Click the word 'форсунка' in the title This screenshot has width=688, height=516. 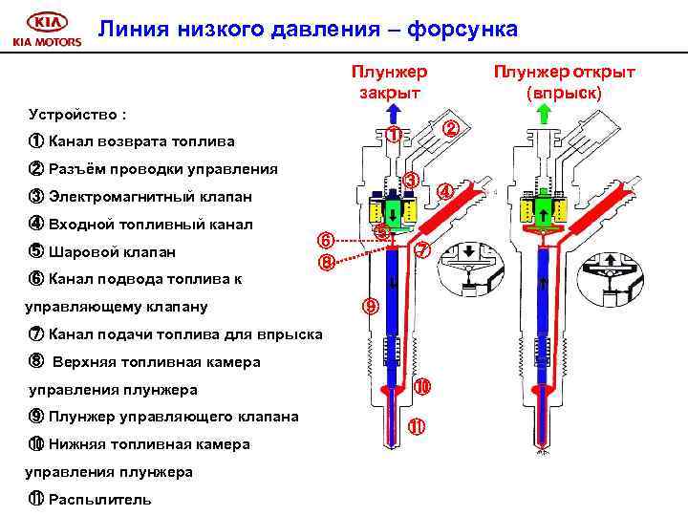pyautogui.click(x=462, y=30)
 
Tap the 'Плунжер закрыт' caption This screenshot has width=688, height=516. pyautogui.click(x=389, y=80)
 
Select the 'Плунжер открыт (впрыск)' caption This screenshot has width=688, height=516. pyautogui.click(x=564, y=80)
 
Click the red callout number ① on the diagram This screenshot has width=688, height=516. pyautogui.click(x=395, y=136)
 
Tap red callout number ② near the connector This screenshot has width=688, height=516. pyautogui.click(x=452, y=128)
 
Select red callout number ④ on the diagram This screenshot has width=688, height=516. pyautogui.click(x=446, y=191)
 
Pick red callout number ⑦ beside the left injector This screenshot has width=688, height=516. pyautogui.click(x=423, y=250)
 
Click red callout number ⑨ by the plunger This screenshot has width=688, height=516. pyautogui.click(x=370, y=307)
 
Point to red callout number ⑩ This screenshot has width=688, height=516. pyautogui.click(x=422, y=387)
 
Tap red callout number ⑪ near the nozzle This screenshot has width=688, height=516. pyautogui.click(x=417, y=426)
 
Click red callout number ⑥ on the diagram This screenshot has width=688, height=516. pyautogui.click(x=326, y=241)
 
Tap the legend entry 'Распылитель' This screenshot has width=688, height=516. pyautogui.click(x=99, y=500)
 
